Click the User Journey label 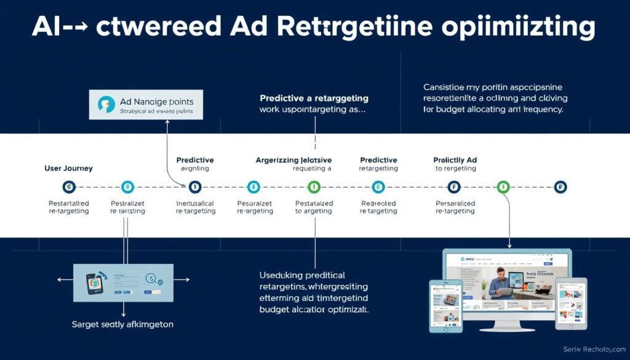68,168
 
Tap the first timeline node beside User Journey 68,186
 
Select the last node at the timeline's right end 560,186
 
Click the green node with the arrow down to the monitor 503,186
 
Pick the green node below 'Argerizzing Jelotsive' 314,186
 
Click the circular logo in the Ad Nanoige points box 106,105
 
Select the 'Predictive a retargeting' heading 314,98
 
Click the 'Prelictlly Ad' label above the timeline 455,160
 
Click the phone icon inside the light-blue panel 94,282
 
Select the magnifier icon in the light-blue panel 150,278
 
